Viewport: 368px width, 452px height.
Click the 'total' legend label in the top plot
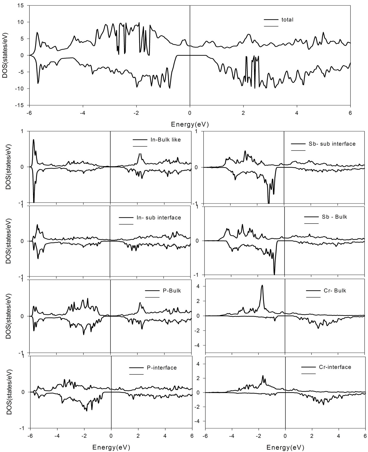(x=287, y=20)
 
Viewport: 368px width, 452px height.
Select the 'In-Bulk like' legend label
(x=166, y=140)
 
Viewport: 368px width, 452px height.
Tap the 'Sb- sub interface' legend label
(x=332, y=144)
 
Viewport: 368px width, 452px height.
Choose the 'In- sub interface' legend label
(x=159, y=217)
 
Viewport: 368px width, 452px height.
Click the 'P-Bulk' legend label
(x=172, y=291)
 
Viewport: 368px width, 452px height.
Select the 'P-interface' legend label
(x=162, y=367)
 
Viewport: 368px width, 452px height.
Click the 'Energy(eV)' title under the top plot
(x=190, y=124)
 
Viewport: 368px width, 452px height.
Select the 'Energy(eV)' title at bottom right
(x=285, y=447)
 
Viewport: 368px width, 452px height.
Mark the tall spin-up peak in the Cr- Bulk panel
(x=262, y=286)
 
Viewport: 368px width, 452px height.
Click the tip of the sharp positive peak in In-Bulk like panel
(x=33, y=140)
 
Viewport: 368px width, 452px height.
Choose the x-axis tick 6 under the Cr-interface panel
(x=365, y=437)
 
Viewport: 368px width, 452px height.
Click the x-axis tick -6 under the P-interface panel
(x=30, y=437)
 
